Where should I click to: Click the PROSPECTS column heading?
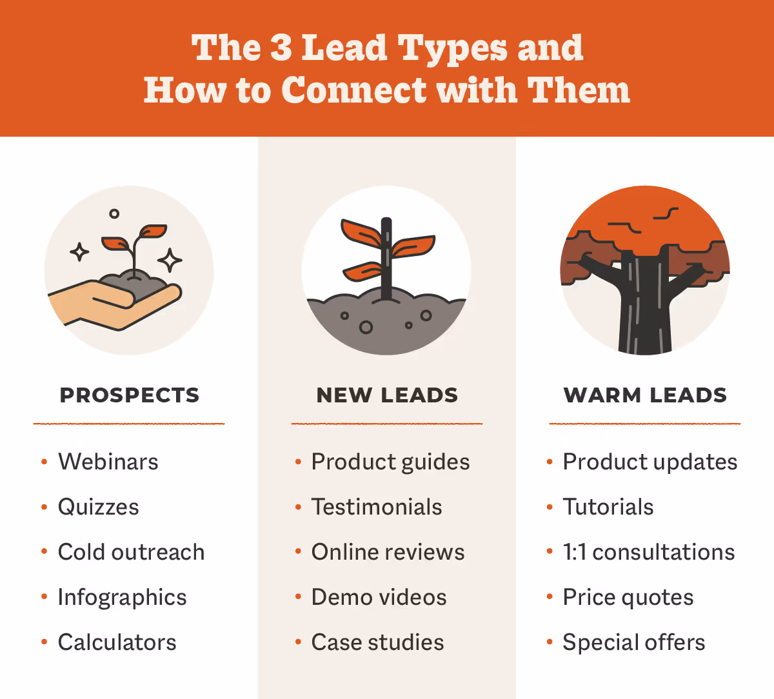(x=129, y=395)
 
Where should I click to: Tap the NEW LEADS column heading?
(x=387, y=395)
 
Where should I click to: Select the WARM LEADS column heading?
(x=645, y=395)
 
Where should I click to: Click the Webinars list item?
(x=108, y=462)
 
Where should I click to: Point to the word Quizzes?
(x=98, y=507)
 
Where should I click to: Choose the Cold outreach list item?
(x=131, y=552)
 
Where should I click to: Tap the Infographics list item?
(x=122, y=598)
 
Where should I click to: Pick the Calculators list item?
(x=117, y=642)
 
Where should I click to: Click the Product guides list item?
(x=390, y=462)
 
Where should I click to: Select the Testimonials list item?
(x=377, y=507)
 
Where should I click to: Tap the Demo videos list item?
(x=379, y=597)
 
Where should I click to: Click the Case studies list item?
(x=377, y=642)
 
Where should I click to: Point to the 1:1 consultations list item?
(x=648, y=552)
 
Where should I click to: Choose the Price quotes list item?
(x=628, y=598)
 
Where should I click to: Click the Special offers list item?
(x=633, y=642)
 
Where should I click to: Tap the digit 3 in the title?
(x=281, y=48)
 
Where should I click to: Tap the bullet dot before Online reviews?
(x=298, y=552)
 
